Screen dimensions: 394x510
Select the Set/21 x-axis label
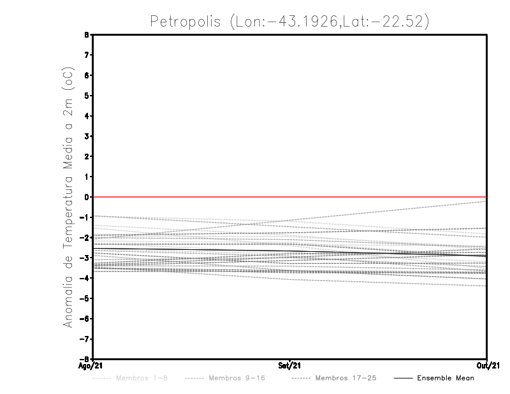click(290, 366)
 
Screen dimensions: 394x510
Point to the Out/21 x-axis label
click(486, 366)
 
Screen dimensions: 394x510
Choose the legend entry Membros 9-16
click(237, 378)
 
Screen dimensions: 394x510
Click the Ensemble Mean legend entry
click(446, 378)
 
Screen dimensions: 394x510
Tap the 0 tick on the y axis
click(87, 197)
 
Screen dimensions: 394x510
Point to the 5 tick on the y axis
click(87, 96)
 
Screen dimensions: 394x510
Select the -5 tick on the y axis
click(85, 298)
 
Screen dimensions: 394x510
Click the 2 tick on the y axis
click(87, 156)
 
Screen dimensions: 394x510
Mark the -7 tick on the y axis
click(85, 339)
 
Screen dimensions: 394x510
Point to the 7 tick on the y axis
click(87, 55)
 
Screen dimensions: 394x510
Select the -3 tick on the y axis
click(85, 258)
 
